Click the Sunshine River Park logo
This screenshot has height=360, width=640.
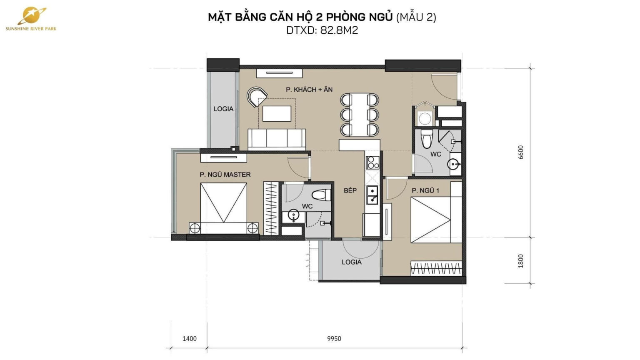(31, 19)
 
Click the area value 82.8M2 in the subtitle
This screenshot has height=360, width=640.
(339, 30)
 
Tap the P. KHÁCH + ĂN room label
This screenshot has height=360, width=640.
(309, 90)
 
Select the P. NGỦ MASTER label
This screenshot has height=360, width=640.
(225, 175)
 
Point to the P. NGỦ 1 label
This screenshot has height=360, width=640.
(425, 190)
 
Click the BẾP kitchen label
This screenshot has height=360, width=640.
(350, 190)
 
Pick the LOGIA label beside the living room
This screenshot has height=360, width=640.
(223, 109)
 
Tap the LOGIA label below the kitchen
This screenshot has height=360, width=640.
(351, 262)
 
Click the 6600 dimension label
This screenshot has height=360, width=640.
(520, 152)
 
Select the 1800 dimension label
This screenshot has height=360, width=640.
(520, 261)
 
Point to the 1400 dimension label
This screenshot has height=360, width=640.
(190, 338)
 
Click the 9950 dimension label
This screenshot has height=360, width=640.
(334, 338)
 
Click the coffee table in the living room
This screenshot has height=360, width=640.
(276, 113)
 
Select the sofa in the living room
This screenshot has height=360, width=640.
(277, 139)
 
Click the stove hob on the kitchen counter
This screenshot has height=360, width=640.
(372, 162)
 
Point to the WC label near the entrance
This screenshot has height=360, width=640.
(436, 154)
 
